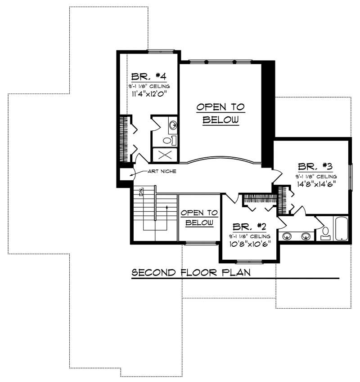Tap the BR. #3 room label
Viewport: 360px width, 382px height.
314,165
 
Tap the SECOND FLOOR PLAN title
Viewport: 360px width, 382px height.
191,272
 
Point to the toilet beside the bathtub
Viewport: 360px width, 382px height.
325,233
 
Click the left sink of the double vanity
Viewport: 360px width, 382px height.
286,235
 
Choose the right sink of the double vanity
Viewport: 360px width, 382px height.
306,235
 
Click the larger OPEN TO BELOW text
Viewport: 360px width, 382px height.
220,113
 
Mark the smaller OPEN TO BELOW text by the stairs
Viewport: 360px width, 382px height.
199,218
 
